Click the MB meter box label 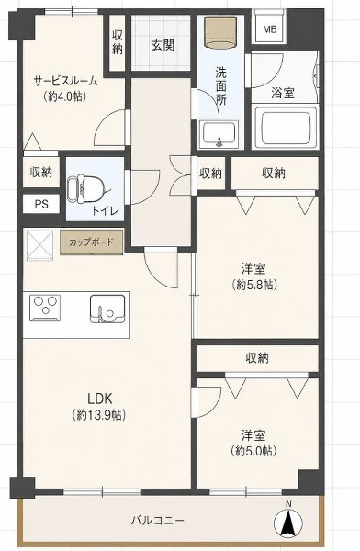[270, 30]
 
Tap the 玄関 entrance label [163, 45]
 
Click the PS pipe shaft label [41, 204]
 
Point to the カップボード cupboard [92, 242]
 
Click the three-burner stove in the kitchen [45, 309]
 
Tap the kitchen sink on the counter [107, 309]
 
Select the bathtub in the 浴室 [285, 127]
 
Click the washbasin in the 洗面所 [219, 134]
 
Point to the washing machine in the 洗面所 [220, 31]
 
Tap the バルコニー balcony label [158, 521]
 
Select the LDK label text [99, 399]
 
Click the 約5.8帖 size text [254, 285]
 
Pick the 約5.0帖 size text [253, 451]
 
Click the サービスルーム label [65, 81]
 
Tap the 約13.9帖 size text [99, 415]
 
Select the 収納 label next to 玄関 [118, 42]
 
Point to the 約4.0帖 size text [65, 96]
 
